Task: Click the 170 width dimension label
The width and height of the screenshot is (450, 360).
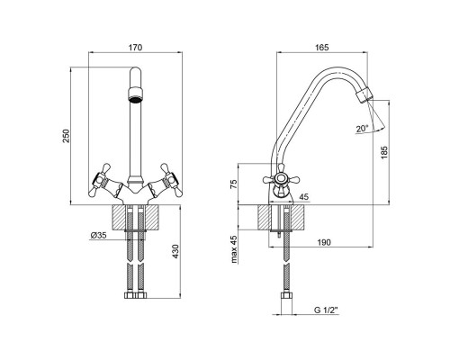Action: point(135,48)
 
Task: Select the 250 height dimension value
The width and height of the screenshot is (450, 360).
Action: point(66,136)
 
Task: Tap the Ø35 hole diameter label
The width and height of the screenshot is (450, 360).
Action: point(98,236)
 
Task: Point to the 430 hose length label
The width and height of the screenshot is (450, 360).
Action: point(175,251)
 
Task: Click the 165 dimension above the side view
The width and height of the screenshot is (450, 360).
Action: point(322,48)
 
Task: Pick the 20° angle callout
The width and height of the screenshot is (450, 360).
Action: point(362,129)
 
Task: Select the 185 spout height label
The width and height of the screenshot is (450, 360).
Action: point(384,152)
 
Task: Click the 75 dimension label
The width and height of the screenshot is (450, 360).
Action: point(234,184)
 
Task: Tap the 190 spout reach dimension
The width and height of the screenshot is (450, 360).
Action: point(324,242)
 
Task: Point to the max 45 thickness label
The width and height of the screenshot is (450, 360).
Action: point(234,249)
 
